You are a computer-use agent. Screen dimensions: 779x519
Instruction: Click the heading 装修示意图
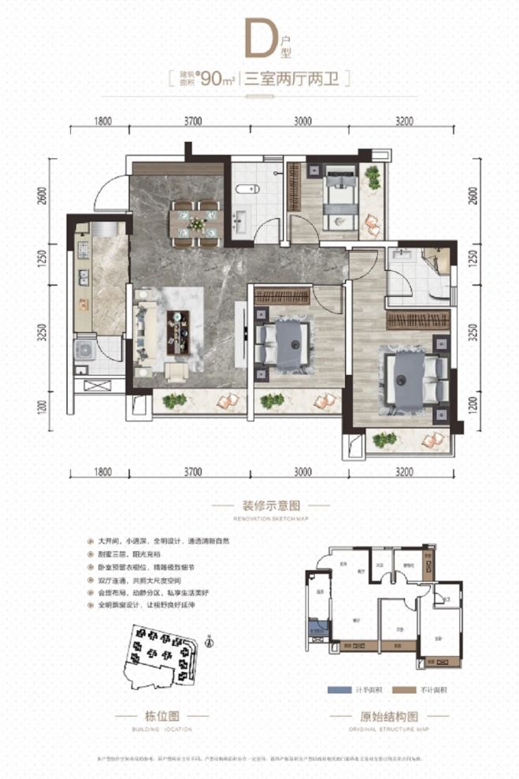coord(259,507)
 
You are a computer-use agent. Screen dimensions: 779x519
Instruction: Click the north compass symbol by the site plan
coord(208,640)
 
